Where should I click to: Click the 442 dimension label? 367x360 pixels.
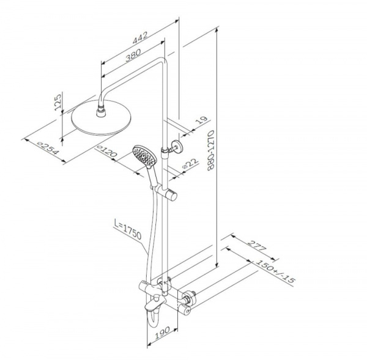click(140, 37)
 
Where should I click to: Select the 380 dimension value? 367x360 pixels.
click(133, 55)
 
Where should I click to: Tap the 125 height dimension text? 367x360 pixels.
click(57, 102)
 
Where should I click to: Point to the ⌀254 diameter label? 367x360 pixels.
click(48, 148)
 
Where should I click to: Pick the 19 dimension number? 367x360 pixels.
click(201, 120)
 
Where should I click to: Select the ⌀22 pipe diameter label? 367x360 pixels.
click(190, 163)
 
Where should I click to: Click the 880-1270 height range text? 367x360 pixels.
click(211, 150)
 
